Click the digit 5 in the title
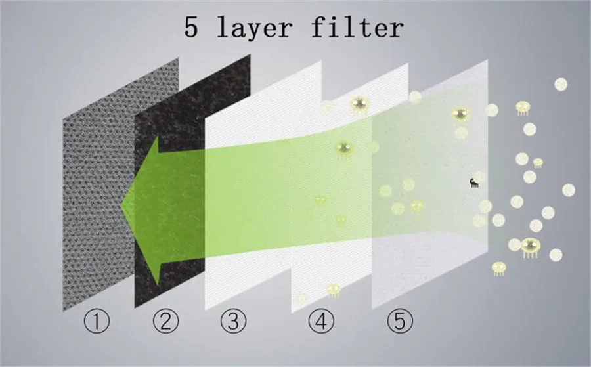[191, 27]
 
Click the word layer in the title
[255, 28]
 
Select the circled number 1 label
[97, 320]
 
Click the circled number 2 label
[166, 320]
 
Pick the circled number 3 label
[234, 320]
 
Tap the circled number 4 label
[321, 320]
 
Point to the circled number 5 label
[400, 320]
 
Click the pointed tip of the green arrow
[121, 205]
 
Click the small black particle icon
[474, 183]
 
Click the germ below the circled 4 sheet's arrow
[334, 290]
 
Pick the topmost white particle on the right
[561, 85]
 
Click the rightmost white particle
[569, 190]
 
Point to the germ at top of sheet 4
[360, 104]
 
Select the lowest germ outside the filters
[499, 269]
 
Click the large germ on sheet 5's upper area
[460, 114]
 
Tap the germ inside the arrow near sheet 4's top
[345, 149]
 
